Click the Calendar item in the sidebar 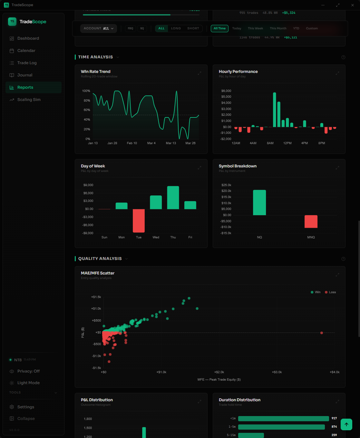(26, 51)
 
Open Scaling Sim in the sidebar (29, 100)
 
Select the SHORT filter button (193, 28)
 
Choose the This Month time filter (278, 28)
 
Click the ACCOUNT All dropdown (99, 28)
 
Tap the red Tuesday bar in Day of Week (139, 221)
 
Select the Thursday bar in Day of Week (173, 198)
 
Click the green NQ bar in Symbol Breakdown (259, 203)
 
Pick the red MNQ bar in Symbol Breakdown (311, 222)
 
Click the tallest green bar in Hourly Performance (275, 110)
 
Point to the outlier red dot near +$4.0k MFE (322, 333)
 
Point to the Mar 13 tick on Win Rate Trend (171, 143)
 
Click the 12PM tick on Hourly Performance (287, 143)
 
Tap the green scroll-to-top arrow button (346, 424)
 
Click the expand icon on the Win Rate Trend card (199, 73)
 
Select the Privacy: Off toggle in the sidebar (28, 371)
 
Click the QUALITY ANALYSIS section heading (100, 259)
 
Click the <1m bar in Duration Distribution (283, 418)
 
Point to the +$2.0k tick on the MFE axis (219, 372)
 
